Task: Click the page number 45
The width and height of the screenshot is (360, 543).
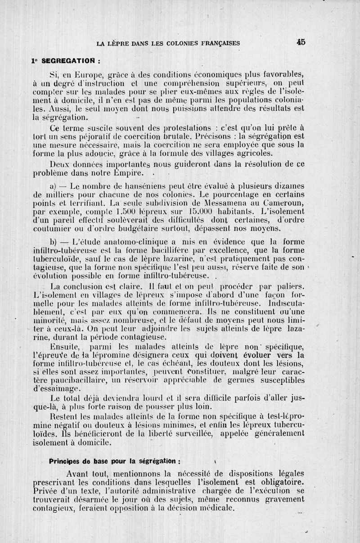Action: coord(301,42)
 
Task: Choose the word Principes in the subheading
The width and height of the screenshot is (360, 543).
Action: coord(64,461)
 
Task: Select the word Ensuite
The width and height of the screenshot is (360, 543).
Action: coord(65,347)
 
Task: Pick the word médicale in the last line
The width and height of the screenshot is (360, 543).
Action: coord(213,508)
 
